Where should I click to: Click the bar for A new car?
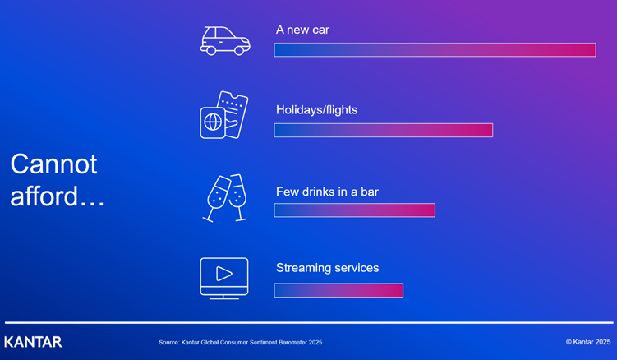(435, 50)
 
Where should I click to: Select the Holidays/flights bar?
(383, 130)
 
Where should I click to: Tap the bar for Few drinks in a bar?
(354, 210)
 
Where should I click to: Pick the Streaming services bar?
(338, 290)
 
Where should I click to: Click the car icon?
(224, 40)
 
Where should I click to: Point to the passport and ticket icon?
(223, 115)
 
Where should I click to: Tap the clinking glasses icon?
(224, 197)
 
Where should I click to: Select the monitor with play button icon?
(223, 278)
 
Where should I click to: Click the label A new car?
(302, 30)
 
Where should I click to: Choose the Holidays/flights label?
(316, 109)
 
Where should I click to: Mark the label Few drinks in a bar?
(327, 192)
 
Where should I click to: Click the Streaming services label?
(327, 268)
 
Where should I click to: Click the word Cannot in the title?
(53, 164)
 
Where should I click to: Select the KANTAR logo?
(33, 342)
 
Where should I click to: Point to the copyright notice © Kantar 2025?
(587, 342)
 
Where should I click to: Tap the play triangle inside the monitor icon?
(224, 274)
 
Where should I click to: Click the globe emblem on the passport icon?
(213, 122)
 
